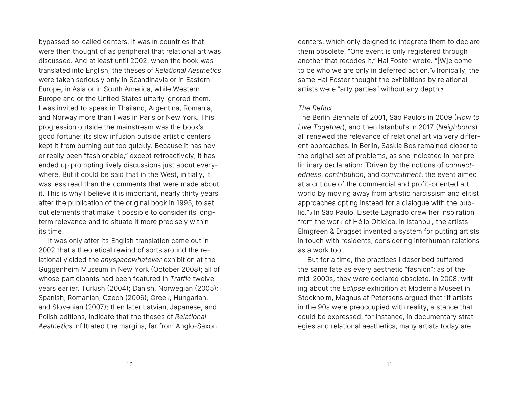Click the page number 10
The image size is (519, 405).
(x=130, y=364)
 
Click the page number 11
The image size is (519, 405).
(x=389, y=364)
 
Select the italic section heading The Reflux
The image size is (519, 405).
(x=315, y=108)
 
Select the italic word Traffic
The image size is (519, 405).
(x=180, y=279)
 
